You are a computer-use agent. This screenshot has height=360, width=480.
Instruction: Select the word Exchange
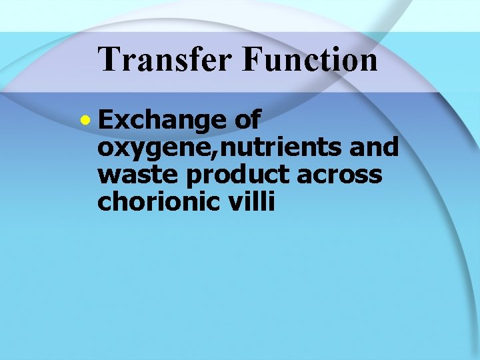[x=162, y=120]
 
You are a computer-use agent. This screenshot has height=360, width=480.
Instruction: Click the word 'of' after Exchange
[x=247, y=120]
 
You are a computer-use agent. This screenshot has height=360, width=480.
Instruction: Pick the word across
[x=341, y=175]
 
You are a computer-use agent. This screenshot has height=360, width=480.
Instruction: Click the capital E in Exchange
[x=105, y=120]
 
